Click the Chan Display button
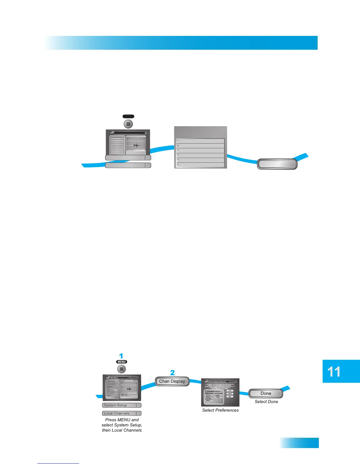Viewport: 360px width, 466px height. tap(172, 382)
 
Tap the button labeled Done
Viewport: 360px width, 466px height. tap(266, 394)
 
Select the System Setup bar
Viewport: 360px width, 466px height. tap(121, 405)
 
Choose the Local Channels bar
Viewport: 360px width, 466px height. tap(121, 413)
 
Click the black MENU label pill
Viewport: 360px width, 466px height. tap(121, 362)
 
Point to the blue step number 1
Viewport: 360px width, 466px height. tap(121, 356)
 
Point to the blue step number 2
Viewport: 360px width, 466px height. tap(172, 373)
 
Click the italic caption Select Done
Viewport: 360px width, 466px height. tap(266, 402)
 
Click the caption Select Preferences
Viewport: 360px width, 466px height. tap(220, 410)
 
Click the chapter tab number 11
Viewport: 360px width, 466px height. tap(334, 372)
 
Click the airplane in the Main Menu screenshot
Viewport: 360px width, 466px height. tap(129, 389)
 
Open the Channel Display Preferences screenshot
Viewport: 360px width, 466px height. tap(220, 392)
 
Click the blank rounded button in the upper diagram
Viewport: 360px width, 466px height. tap(277, 164)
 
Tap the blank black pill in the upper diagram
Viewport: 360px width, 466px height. tap(128, 116)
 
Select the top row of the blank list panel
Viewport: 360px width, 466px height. tap(200, 141)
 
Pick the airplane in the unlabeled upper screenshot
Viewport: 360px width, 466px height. tap(136, 145)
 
